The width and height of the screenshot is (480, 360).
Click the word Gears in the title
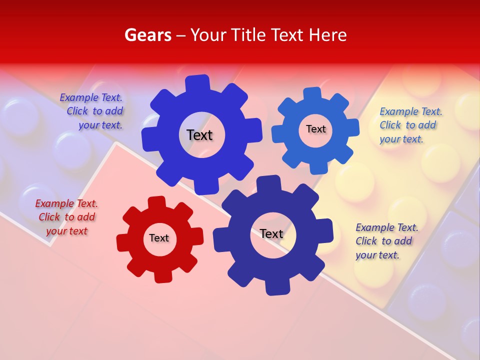147,35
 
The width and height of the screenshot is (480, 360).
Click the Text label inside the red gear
159,238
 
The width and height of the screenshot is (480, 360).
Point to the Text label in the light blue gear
315,129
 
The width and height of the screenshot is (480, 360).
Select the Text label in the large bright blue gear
199,135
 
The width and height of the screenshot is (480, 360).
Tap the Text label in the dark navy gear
271,233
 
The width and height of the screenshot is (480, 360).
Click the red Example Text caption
66,217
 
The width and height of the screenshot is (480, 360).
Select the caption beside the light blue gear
410,125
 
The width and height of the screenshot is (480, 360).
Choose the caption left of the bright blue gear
92,111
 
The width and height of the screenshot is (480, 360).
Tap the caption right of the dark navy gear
386,241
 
